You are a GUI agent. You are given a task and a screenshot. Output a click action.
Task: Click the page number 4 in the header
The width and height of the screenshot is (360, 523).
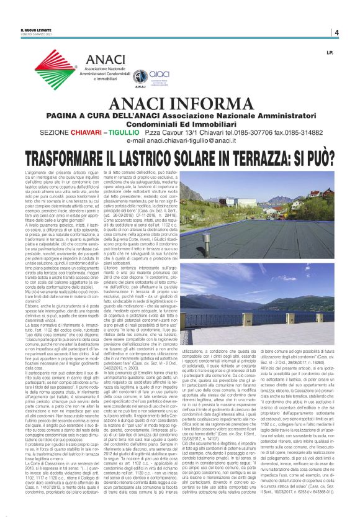(x=335, y=32)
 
